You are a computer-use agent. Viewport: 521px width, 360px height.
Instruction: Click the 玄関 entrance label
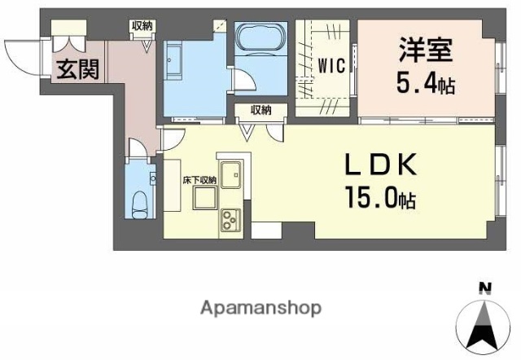coord(77,68)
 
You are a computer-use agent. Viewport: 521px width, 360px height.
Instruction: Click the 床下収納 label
coord(199,180)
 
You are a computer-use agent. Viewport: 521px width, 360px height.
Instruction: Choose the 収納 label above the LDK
coord(260,110)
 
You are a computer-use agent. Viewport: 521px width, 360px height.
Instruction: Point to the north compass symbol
coord(487,322)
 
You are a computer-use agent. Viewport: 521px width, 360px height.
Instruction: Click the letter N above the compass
coord(486,287)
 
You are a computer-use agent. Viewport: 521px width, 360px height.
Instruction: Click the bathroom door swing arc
coord(242,82)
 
